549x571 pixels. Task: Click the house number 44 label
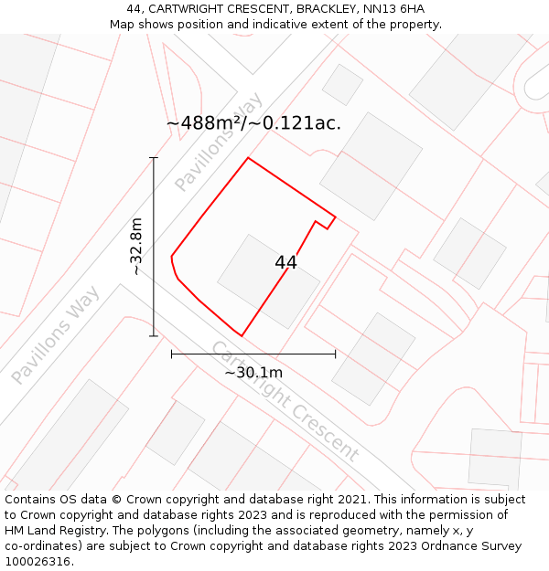(285, 263)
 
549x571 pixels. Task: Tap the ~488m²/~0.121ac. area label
(253, 123)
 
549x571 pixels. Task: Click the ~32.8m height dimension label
(136, 247)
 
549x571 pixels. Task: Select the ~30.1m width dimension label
(253, 372)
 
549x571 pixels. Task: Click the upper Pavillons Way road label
(219, 142)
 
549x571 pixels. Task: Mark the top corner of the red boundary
(248, 158)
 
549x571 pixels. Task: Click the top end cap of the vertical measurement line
(154, 158)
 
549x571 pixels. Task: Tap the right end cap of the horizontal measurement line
(335, 354)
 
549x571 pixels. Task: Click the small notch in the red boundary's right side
(322, 224)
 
